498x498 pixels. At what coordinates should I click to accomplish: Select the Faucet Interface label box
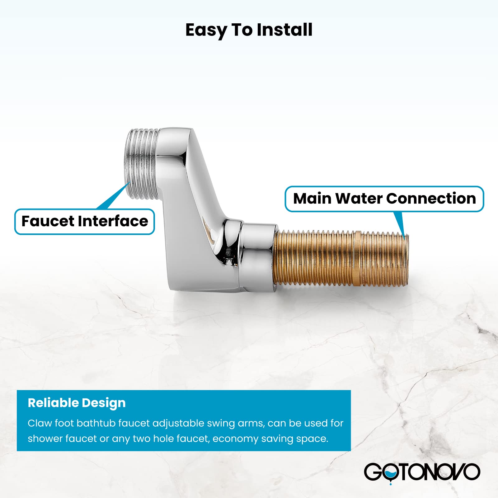85,222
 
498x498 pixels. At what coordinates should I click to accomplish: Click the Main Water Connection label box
384,199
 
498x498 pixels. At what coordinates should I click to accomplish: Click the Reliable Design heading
77,403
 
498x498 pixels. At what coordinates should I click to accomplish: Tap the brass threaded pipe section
341,258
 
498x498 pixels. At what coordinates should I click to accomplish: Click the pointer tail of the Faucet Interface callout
115,196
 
